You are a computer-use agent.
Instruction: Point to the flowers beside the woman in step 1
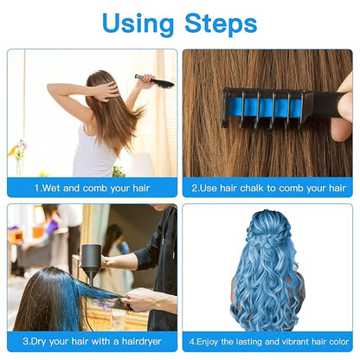18,152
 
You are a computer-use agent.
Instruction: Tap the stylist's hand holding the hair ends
138,302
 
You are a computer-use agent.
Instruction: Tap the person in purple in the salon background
51,227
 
